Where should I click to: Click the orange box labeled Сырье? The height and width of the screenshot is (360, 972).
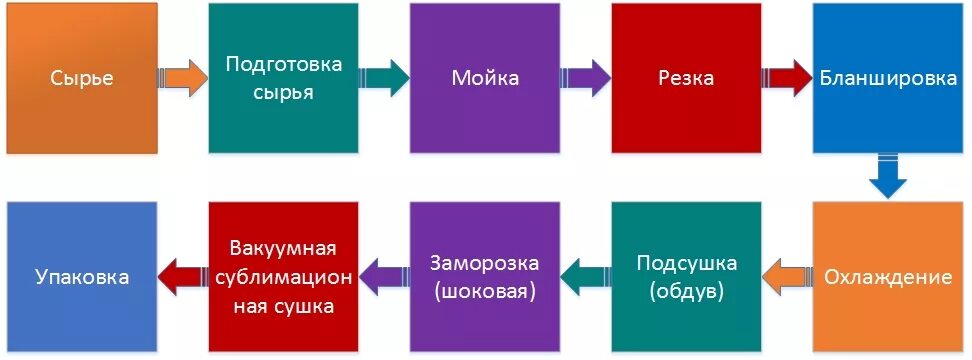[82, 78]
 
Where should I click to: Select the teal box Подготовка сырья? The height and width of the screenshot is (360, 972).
[284, 78]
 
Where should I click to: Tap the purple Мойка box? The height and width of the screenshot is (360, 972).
[485, 78]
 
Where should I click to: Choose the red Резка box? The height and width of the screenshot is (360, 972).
[686, 78]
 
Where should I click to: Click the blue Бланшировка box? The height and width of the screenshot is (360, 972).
[888, 78]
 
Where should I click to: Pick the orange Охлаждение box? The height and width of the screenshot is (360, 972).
[888, 277]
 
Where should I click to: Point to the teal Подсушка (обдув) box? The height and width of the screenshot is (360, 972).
[686, 277]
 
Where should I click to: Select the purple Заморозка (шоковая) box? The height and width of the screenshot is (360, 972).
[485, 277]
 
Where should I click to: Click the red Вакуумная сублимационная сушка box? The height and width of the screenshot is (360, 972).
[284, 277]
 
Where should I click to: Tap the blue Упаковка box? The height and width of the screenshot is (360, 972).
[82, 277]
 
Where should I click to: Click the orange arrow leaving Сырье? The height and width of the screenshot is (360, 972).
[183, 79]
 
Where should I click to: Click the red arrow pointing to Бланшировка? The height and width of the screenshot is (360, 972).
[787, 79]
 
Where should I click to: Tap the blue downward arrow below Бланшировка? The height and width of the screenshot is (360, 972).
[887, 177]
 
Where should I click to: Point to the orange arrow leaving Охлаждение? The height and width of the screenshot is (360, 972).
[787, 271]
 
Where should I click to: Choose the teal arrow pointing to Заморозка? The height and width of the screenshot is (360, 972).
[586, 271]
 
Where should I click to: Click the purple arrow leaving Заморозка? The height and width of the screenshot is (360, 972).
[384, 271]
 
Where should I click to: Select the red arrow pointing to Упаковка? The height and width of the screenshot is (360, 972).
[183, 271]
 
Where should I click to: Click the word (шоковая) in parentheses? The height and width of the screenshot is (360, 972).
[485, 292]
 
